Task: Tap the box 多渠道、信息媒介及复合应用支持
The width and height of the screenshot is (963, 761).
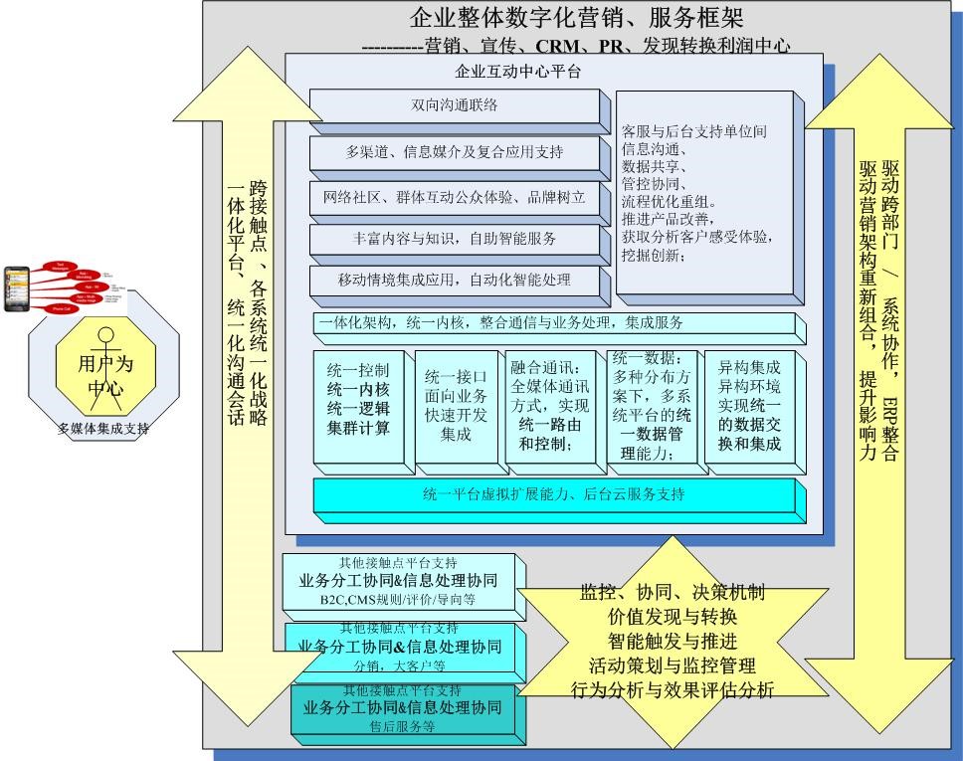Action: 455,153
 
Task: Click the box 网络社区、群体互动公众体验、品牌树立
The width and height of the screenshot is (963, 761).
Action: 455,198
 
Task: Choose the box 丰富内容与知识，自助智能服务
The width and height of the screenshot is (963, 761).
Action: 455,240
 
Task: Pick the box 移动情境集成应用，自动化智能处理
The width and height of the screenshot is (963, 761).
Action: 455,282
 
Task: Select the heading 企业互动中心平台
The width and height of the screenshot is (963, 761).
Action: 517,72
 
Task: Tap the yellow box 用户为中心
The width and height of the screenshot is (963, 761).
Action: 104,375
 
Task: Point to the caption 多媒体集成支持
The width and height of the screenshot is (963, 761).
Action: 102,429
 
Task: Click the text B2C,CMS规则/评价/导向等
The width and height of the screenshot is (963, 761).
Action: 398,600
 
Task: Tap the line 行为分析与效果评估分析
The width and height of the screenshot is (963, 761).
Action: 673,689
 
